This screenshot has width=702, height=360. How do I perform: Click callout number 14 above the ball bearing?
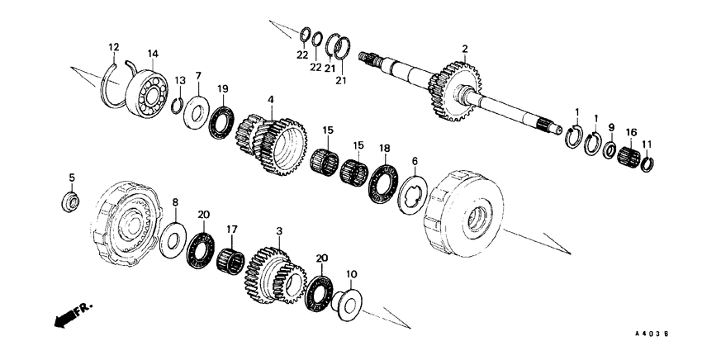coord(152,54)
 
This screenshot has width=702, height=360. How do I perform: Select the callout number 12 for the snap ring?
coord(114,46)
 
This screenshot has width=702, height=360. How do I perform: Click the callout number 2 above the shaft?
coord(465,50)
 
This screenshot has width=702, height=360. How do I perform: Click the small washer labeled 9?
coord(610,151)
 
